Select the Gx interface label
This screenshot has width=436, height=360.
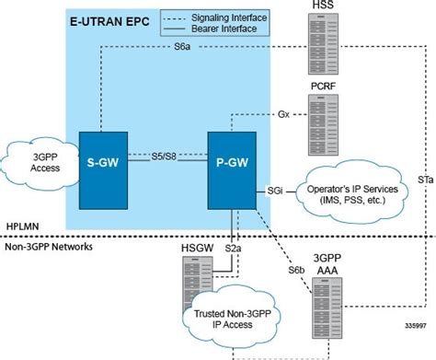[x=284, y=115]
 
